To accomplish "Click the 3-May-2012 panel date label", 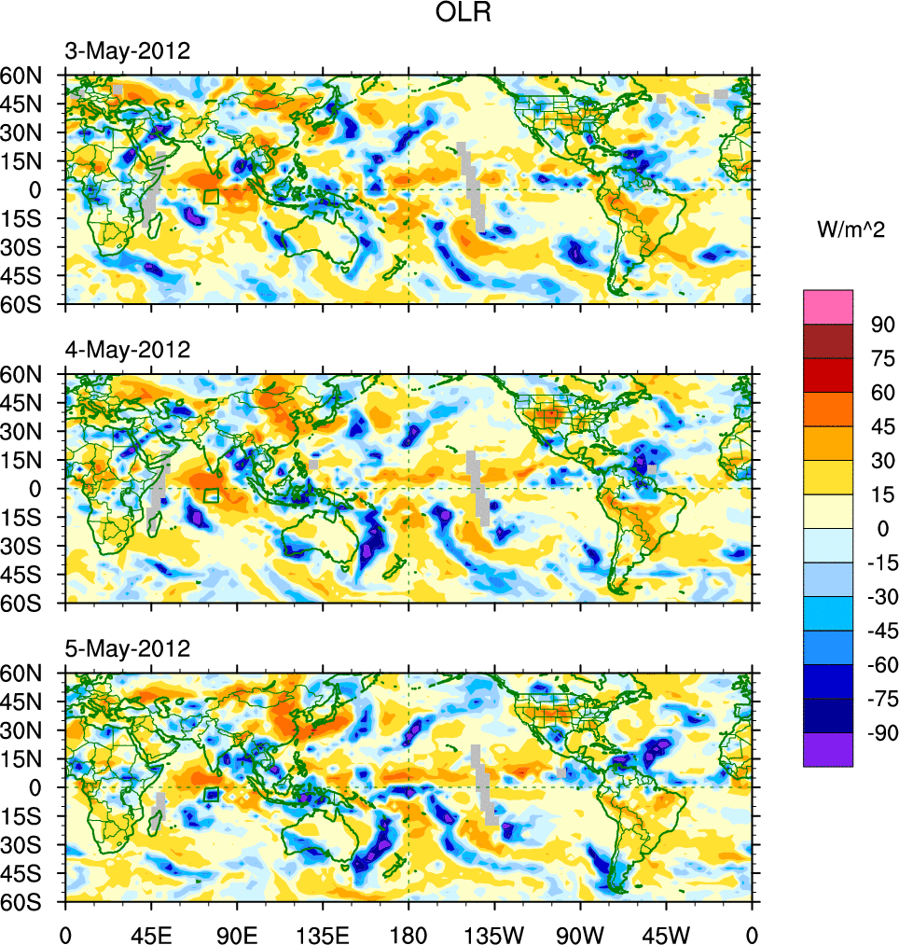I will point(127,50).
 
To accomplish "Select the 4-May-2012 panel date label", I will point(127,350).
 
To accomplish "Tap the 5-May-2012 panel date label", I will point(127,648).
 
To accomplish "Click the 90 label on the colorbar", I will point(882,325).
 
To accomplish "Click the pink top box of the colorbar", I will point(828,306).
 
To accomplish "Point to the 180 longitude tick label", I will point(408,933).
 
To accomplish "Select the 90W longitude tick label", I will point(580,933).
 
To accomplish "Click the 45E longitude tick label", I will point(151,933).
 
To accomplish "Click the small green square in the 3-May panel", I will point(211,196).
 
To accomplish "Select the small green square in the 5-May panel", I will point(211,795).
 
